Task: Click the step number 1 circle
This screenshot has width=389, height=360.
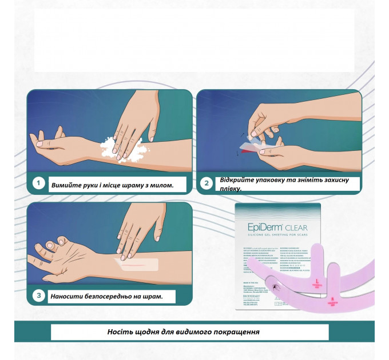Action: click(38, 183)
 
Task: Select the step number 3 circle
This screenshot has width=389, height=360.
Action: click(38, 296)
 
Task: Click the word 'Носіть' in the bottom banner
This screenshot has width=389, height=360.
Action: click(120, 332)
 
